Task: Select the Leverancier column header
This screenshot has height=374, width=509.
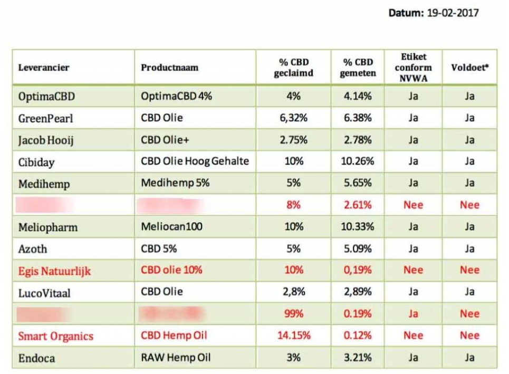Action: click(44, 68)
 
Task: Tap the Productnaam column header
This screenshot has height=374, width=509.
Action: click(169, 68)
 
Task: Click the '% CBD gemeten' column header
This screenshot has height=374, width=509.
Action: click(358, 68)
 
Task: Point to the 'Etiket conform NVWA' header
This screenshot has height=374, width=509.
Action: click(413, 67)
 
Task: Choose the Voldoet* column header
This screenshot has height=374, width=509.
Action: click(469, 68)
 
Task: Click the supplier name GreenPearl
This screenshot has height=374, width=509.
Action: click(45, 118)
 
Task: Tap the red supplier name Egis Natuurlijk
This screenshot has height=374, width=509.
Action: click(54, 271)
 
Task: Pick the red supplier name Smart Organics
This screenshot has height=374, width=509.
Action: click(55, 336)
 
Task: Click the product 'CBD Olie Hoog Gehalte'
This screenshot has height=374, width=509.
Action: click(195, 161)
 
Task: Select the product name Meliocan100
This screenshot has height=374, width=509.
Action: click(171, 227)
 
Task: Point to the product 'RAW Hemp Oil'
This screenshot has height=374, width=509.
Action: click(176, 358)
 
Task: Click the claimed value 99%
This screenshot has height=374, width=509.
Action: click(293, 314)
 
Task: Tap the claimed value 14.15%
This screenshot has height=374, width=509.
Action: click(293, 335)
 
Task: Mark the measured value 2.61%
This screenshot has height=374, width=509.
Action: click(358, 205)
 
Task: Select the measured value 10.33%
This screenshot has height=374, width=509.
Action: click(358, 227)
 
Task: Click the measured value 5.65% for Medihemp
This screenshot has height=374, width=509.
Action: click(358, 183)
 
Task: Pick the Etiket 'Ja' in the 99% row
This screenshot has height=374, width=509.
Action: click(413, 314)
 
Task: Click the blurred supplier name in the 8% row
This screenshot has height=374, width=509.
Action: click(44, 205)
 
